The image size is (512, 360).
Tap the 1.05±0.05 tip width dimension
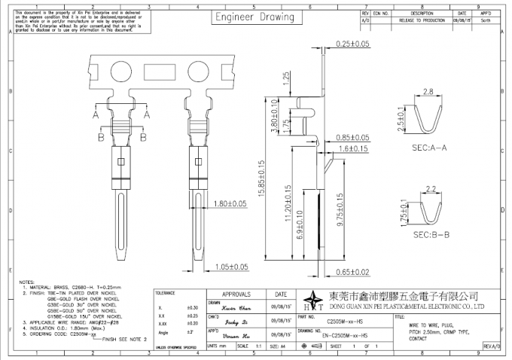click(230, 266)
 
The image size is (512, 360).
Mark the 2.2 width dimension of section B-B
click(431, 188)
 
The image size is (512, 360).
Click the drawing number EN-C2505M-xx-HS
click(345, 334)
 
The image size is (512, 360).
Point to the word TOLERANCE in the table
click(167, 291)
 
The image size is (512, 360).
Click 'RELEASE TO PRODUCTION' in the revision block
click(422, 21)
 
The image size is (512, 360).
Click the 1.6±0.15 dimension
click(353, 149)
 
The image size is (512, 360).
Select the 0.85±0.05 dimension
click(353, 138)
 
